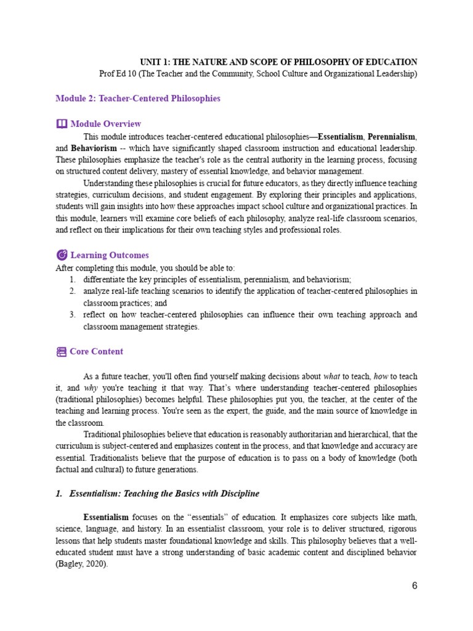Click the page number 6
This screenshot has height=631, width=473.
point(414,585)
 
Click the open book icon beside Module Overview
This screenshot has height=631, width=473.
point(61,124)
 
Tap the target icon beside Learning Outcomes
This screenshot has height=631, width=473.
point(61,255)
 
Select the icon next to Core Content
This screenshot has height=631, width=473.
point(61,352)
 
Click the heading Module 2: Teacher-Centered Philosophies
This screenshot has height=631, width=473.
point(138,99)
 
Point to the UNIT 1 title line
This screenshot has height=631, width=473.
point(278,62)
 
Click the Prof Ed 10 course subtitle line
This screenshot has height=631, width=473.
point(258,74)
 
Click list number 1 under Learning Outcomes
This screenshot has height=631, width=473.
point(72,279)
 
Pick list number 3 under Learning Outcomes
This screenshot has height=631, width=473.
point(72,315)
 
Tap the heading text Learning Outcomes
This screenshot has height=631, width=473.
point(110,255)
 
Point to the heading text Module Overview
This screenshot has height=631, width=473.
point(106,124)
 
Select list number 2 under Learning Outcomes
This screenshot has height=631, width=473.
point(72,291)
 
